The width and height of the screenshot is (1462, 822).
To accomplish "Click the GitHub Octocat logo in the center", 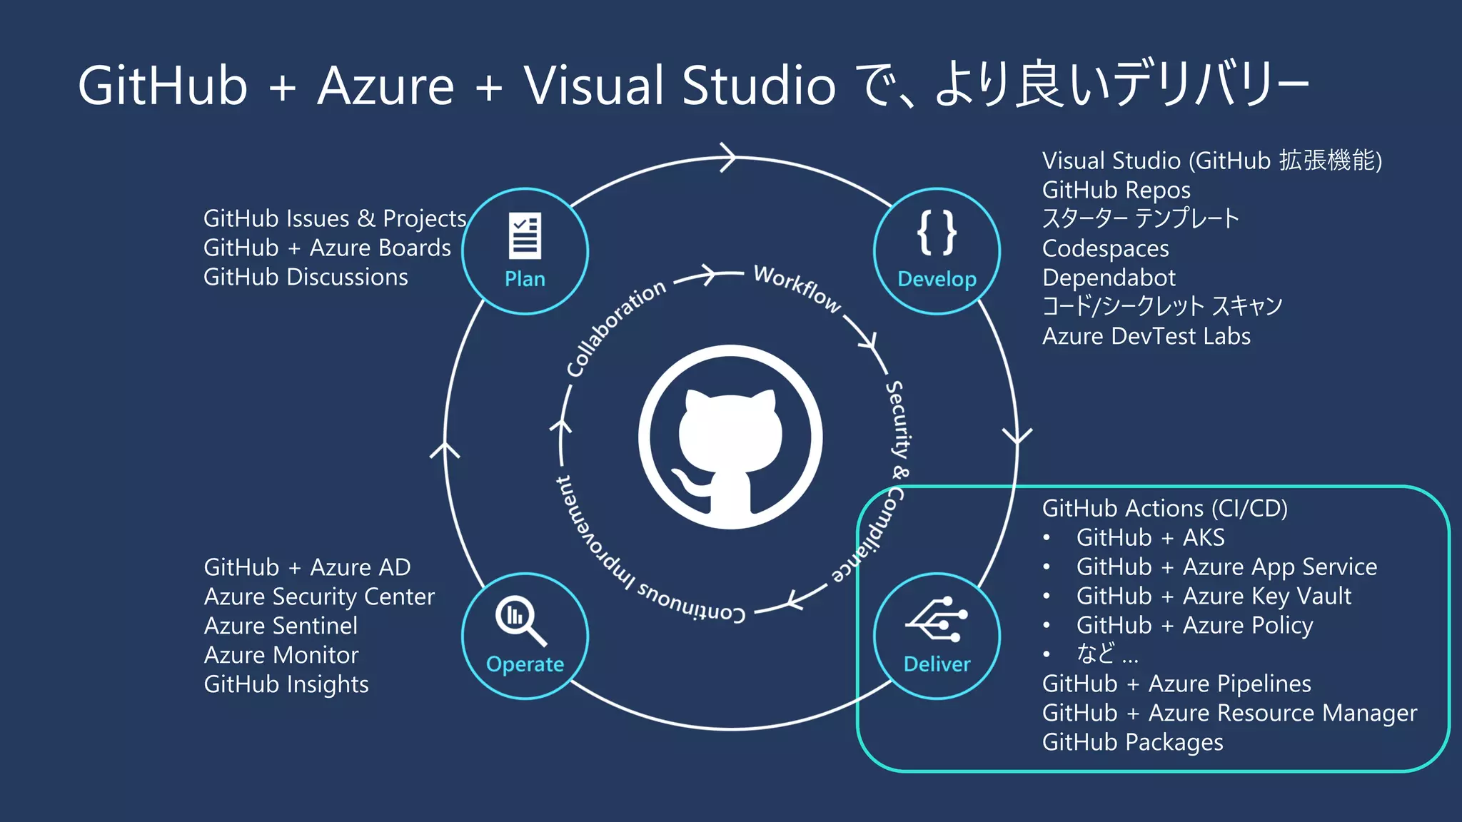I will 730,437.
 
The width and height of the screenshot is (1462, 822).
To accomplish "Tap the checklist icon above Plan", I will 525,235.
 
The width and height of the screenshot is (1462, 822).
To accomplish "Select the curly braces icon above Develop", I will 937,233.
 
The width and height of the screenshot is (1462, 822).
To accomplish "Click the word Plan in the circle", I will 525,279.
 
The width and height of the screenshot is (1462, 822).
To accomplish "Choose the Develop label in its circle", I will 937,279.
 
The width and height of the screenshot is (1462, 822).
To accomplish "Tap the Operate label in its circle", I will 525,664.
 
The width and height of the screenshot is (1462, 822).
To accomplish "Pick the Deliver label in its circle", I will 937,664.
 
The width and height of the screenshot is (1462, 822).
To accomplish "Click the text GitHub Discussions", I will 306,277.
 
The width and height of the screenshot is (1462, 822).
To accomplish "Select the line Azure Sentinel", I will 281,626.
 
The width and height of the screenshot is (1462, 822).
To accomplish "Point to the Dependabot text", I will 1108,278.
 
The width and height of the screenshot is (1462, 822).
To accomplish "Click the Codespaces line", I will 1105,248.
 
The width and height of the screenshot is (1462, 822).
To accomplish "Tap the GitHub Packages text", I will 1132,742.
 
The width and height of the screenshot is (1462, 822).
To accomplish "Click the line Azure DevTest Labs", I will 1146,336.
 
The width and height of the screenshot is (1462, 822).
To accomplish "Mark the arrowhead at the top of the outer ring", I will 728,157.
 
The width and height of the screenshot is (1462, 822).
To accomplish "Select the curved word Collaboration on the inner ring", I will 615,328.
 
